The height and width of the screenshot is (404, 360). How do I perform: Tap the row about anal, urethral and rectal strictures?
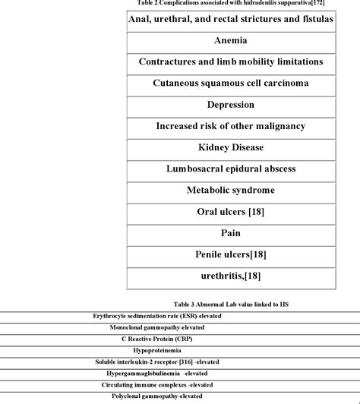coord(230,17)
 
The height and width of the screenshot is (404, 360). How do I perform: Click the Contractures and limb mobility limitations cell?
coord(230,61)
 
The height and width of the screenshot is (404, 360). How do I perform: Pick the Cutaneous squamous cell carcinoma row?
coord(230,82)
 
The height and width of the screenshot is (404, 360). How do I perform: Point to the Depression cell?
coord(230,104)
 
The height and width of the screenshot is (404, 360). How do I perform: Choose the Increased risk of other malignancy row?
coord(230,125)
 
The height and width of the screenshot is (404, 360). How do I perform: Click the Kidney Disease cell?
coord(230,147)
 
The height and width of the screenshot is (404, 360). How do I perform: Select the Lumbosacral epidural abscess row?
coord(230,168)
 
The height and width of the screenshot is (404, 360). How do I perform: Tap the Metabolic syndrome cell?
coord(230,189)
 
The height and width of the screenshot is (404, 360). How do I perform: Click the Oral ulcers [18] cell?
coord(230,211)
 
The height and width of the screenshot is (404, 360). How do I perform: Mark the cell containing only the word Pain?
coord(230,232)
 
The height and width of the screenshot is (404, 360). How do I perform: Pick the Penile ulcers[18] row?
coord(230,254)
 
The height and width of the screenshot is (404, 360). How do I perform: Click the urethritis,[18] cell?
coord(230,276)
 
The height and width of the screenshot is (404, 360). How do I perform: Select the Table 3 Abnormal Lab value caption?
coord(230,304)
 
